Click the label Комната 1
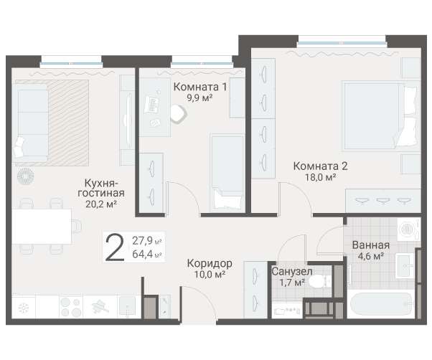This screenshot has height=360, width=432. tap(200, 87)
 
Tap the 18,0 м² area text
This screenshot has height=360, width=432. tap(320, 177)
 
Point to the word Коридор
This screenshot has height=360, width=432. tap(209, 262)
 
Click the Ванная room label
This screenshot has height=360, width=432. tap(371, 244)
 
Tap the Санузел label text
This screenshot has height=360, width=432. tap(291, 272)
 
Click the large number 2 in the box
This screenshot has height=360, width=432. tap(113, 247)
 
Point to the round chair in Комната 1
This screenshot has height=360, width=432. tap(179, 113)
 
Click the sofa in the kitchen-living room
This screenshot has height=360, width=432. tap(32, 122)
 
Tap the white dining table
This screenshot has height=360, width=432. tap(41, 228)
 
